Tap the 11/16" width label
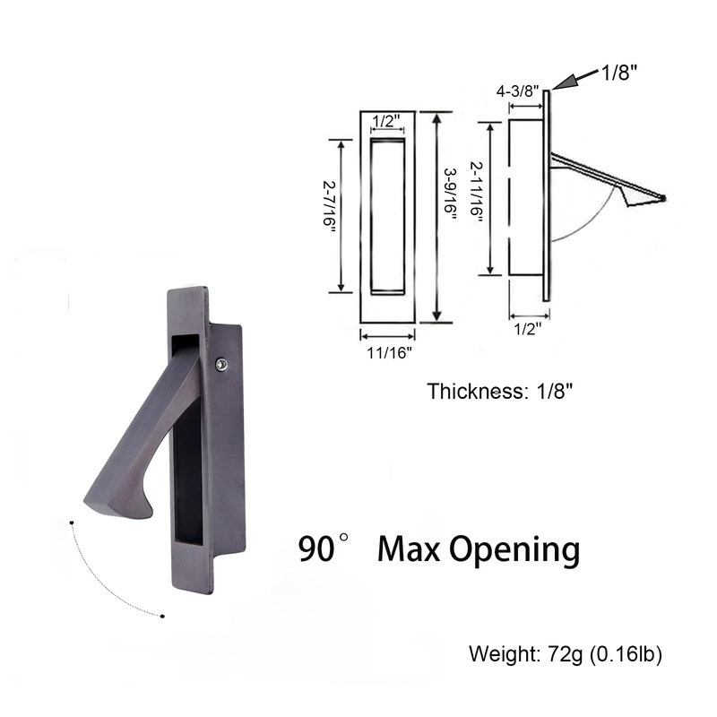coord(388,352)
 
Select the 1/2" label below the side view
coord(529,328)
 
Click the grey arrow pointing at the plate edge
coord(570,80)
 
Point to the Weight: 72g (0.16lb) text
coord(566,654)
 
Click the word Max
coord(408,548)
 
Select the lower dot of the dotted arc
coord(162,616)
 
